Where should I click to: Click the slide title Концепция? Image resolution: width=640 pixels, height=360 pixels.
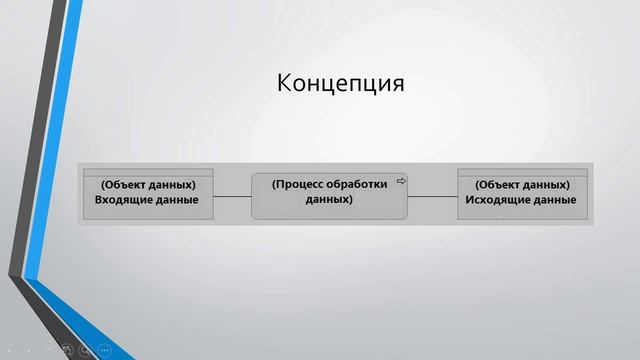[340, 83]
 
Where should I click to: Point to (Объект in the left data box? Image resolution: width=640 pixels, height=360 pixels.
[125, 185]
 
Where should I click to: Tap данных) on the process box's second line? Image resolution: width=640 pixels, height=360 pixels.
[329, 199]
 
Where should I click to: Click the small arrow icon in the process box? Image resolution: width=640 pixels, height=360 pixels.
[401, 181]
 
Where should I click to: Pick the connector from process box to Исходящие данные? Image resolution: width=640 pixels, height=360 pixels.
[432, 196]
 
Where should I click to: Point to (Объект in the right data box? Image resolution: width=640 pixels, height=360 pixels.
[500, 185]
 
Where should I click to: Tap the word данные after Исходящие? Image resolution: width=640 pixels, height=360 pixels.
[556, 200]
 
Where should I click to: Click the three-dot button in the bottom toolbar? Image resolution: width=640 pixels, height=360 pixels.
[104, 350]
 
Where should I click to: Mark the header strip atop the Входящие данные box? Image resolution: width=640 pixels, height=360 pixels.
[147, 172]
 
